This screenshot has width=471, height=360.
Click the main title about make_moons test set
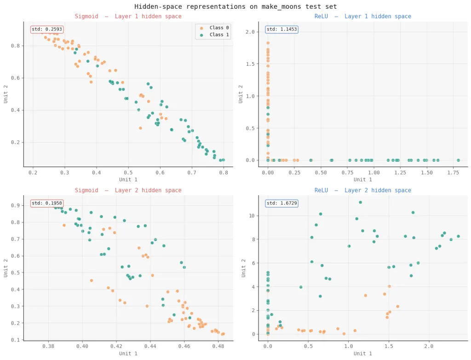pos(235,6)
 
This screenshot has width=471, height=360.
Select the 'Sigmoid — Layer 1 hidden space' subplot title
pos(128,17)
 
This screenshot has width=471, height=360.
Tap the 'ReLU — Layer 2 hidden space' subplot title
pos(362,191)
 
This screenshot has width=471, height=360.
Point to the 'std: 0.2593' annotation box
pos(47,29)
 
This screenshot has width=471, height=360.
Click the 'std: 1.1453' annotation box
pos(282,29)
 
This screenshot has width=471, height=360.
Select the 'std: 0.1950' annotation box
pos(47,203)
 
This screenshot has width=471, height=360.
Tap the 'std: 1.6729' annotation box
pos(282,203)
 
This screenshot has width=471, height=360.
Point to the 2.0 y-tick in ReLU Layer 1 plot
pos(255,32)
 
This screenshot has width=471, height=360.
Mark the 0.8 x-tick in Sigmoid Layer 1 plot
pos(224,172)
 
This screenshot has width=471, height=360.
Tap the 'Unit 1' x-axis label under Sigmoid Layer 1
pos(128,180)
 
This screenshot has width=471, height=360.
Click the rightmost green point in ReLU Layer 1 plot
pos(458,160)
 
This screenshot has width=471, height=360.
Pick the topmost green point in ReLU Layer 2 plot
pos(360,202)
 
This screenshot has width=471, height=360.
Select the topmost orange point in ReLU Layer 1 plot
pos(268,43)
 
